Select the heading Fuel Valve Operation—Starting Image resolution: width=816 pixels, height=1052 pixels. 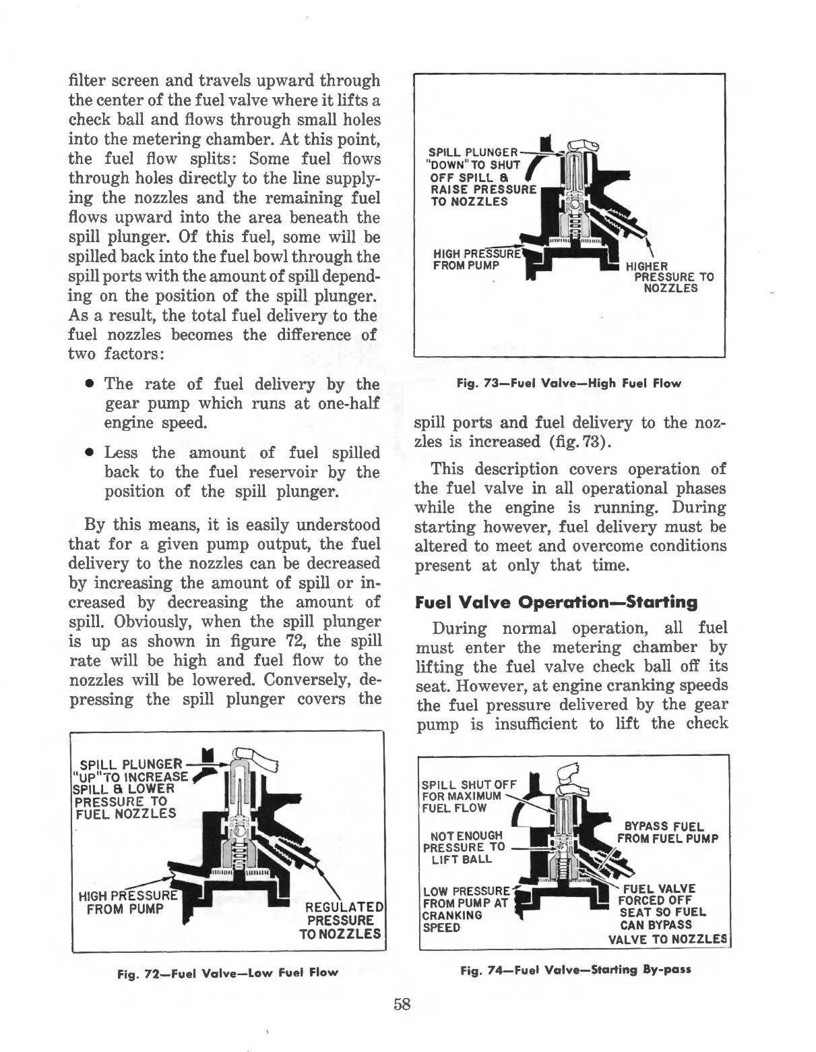556,602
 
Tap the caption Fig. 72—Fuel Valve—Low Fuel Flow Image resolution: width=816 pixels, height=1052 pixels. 227,973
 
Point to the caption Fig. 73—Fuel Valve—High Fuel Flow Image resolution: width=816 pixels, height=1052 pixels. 569,383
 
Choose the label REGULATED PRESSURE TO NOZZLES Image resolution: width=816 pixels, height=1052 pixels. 344,920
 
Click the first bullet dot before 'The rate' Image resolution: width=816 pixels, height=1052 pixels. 89,384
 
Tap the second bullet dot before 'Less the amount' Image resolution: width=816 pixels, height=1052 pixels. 89,453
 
